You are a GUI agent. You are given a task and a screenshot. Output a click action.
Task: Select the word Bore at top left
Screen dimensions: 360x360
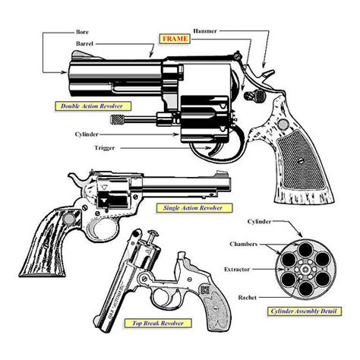click(82, 33)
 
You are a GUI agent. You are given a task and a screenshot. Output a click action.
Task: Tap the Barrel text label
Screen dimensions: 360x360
click(84, 45)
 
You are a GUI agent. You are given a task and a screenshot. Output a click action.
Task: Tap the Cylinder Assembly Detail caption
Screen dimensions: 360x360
click(302, 311)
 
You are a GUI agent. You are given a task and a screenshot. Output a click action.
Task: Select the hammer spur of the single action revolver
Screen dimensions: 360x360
click(74, 175)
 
